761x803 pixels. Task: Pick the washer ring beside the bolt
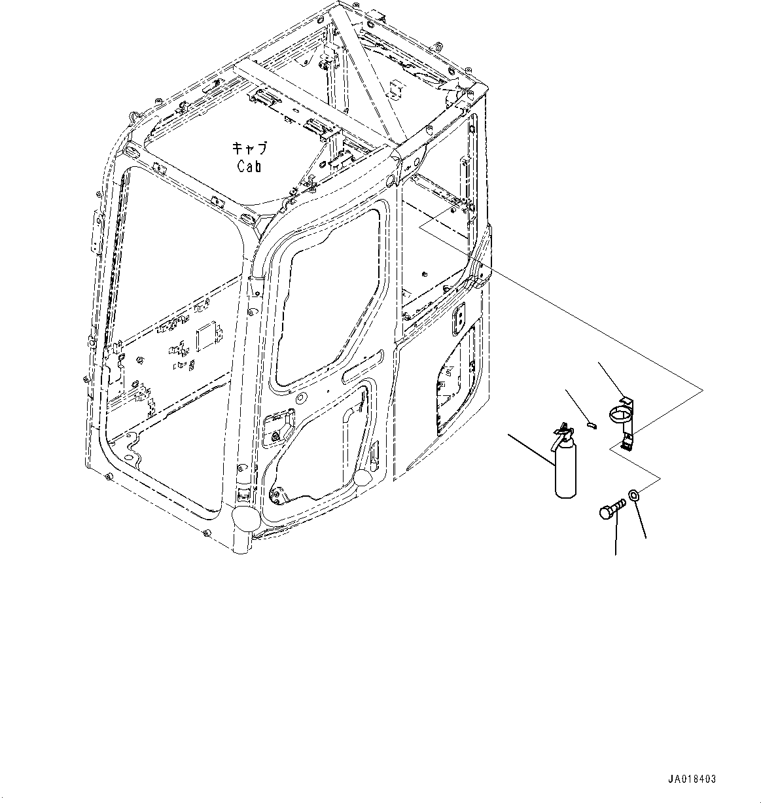coord(633,495)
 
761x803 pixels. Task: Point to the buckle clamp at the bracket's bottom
coord(626,442)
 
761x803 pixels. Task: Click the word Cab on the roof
coord(249,166)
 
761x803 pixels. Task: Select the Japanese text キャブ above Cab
coord(249,148)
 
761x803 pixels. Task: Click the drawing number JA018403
coord(692,779)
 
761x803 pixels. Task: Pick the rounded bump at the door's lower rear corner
coord(363,478)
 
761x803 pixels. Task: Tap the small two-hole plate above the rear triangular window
coord(457,315)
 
